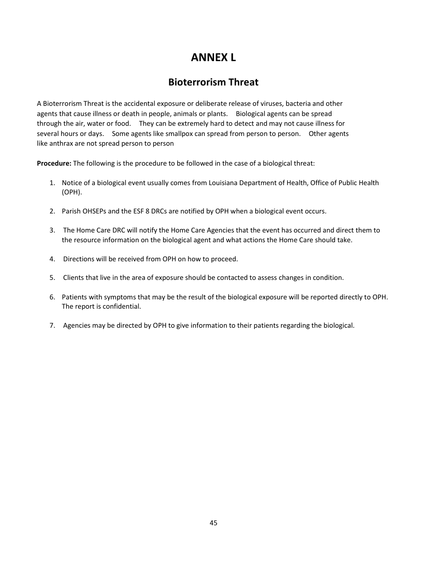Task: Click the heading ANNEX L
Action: point(213,57)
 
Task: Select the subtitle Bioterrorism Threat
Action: point(213,82)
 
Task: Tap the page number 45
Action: point(213,523)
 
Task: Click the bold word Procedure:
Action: point(54,163)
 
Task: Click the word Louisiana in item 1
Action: point(223,183)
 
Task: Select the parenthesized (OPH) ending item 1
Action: point(72,192)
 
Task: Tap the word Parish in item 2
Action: point(71,211)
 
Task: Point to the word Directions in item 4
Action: point(78,259)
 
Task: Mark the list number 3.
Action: point(52,230)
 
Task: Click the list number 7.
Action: point(52,326)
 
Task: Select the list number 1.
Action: point(52,183)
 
